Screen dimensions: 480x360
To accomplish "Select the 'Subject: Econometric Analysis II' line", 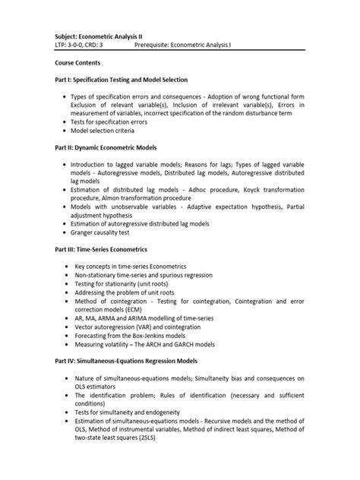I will click(x=109, y=36).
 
